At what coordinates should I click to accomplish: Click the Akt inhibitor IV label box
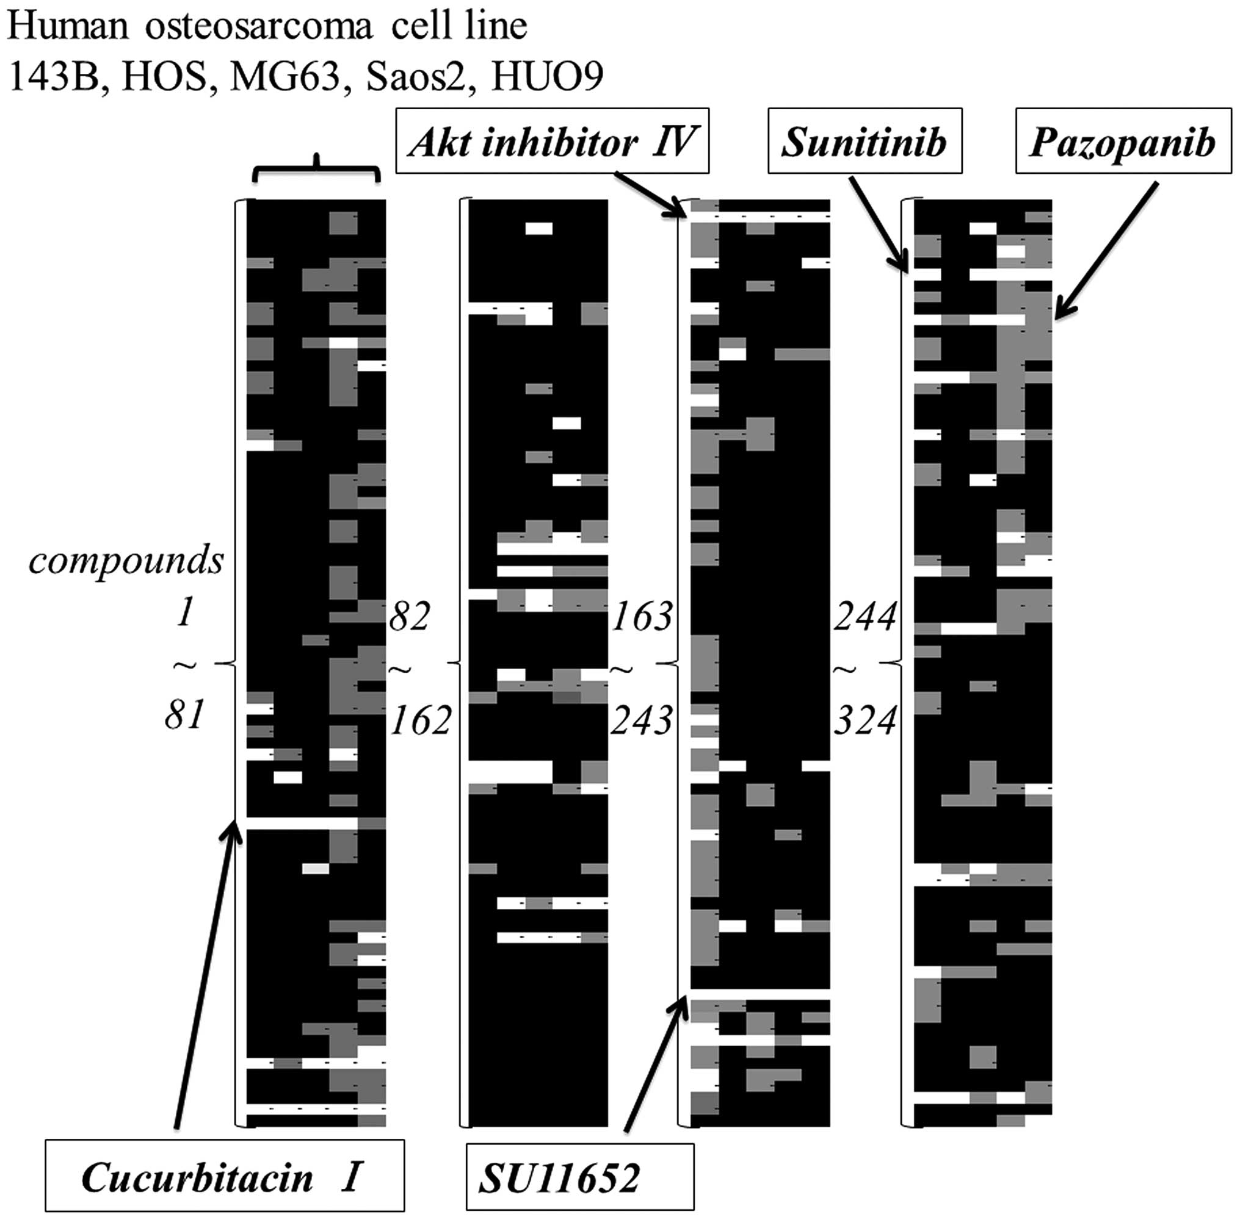[552, 141]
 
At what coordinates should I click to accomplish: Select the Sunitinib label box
[865, 141]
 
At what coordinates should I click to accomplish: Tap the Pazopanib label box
[1123, 141]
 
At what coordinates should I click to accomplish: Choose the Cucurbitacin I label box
[225, 1175]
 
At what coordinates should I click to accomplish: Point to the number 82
[408, 617]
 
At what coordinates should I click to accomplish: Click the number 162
[421, 720]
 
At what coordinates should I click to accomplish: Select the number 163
[642, 617]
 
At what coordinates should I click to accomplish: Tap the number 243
[641, 720]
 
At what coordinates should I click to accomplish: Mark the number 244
[865, 617]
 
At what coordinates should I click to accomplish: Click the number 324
[865, 720]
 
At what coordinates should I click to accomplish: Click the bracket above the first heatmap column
[317, 168]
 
